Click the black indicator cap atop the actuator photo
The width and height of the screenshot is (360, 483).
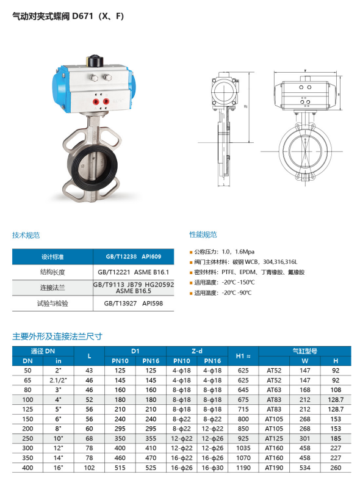point(94,60)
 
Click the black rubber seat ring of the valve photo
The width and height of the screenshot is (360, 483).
point(92,167)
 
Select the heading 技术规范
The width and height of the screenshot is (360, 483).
point(26,235)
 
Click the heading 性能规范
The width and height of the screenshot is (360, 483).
point(203,234)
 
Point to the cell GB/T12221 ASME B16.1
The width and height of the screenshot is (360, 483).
point(133,272)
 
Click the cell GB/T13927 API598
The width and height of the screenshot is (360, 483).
point(133,303)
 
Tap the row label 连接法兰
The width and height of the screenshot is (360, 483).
point(52,288)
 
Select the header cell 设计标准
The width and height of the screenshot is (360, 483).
point(52,256)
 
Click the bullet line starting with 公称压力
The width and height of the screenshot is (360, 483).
point(222,252)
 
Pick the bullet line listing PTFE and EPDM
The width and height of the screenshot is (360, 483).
point(247,272)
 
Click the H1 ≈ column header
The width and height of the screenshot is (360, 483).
point(243,356)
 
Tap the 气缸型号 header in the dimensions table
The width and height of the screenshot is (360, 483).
point(304,351)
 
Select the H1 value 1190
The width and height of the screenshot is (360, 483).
point(243,468)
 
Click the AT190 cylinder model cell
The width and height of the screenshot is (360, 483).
point(274,468)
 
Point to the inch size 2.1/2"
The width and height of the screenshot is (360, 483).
point(58,380)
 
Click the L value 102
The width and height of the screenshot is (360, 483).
point(89,468)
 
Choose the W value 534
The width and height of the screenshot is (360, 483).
point(304,468)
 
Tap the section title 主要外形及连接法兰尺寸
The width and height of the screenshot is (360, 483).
point(57,336)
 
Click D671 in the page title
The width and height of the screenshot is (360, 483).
point(82,16)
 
